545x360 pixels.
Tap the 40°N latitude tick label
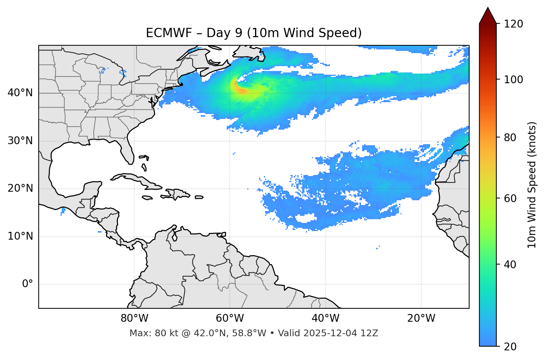coord(20,93)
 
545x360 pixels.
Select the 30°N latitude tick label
coord(20,141)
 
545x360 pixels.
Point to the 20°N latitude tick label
coord(20,188)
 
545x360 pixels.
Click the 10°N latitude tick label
coord(20,236)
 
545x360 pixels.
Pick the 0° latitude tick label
coord(27,284)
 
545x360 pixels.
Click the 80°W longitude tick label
coord(134,318)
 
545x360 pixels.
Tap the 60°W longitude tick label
coord(230,318)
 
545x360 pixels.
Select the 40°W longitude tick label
coord(325,318)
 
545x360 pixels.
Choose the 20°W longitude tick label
coord(421,318)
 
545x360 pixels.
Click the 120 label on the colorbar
coord(513,24)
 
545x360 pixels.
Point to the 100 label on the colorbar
coord(513,80)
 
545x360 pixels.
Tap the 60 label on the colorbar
coord(510,198)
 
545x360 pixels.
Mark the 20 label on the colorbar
coord(510,347)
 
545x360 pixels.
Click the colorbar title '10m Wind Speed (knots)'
coord(532,185)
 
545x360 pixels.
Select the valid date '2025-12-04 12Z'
coord(341,333)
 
